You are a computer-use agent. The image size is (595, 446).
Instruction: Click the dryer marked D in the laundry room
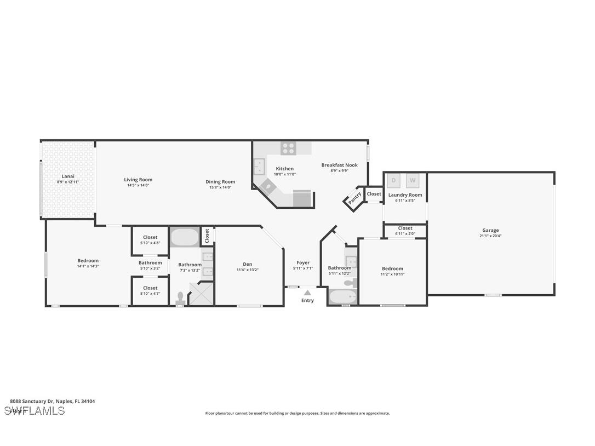coord(394,180)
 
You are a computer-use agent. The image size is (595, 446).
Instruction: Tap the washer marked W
coord(413,180)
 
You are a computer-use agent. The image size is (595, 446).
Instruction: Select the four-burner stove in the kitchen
coord(288,148)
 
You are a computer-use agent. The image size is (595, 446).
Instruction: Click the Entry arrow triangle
coord(307,293)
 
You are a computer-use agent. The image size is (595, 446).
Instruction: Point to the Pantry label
coord(354,198)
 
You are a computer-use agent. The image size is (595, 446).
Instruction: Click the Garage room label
coord(490,230)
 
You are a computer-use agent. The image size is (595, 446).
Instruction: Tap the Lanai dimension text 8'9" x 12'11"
coord(68,182)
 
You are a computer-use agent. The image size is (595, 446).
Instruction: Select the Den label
coord(248,264)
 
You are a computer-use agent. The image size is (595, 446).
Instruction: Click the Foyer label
coord(303,262)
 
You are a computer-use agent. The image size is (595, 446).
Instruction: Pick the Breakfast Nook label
coord(339,165)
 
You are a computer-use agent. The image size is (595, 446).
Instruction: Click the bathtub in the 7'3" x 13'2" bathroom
coord(185,237)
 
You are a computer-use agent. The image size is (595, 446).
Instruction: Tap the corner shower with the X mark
coord(201,293)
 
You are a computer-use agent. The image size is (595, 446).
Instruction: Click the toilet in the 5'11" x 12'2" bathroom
coord(348,283)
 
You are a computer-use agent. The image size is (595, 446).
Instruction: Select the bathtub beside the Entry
coord(342,296)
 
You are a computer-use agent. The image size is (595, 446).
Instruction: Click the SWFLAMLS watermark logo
coord(34,410)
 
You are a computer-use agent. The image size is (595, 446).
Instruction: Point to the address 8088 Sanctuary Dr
coord(52,401)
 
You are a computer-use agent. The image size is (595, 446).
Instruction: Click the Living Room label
coord(138,180)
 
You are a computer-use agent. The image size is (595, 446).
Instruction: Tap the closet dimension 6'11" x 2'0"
coord(405,234)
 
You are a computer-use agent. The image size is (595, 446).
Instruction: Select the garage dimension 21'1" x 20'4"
coord(490,236)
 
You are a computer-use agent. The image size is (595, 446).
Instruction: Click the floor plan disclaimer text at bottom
coord(297,413)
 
